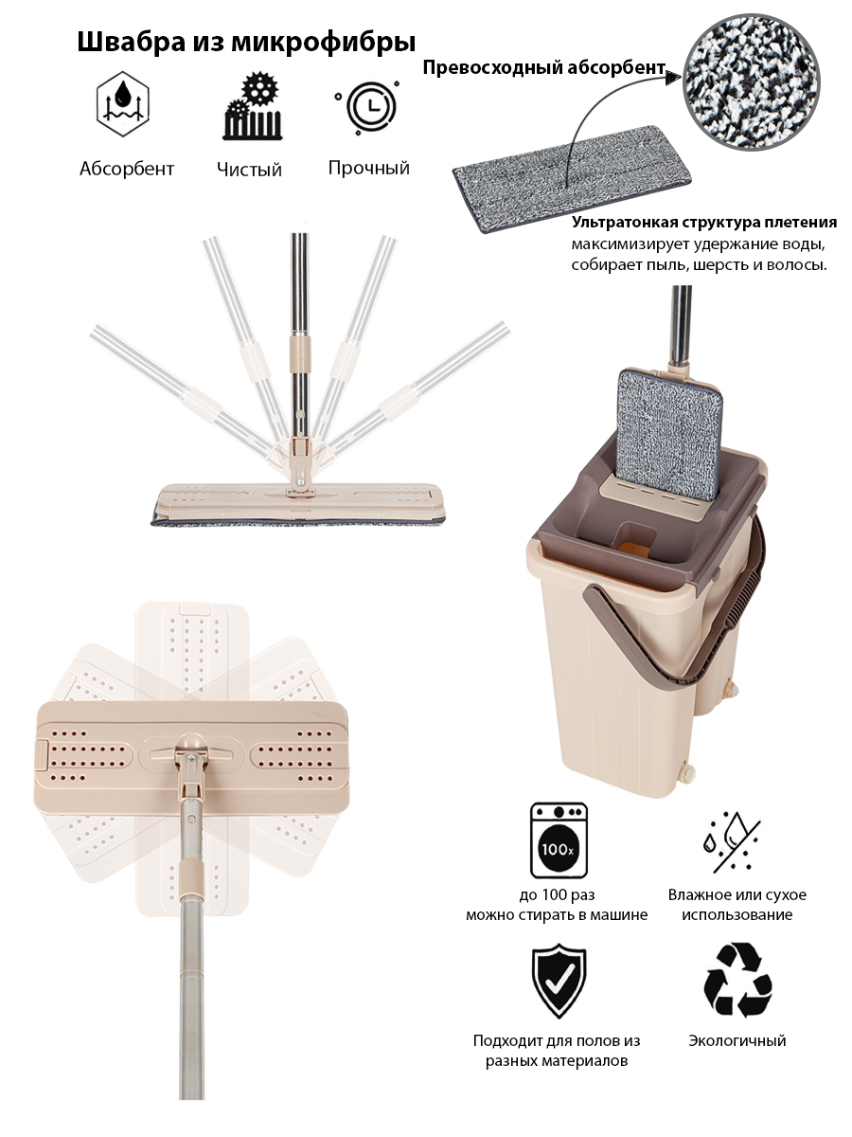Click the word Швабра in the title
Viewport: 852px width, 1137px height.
tap(131, 42)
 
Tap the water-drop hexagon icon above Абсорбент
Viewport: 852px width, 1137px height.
tap(123, 103)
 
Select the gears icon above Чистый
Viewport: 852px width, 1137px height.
tap(253, 106)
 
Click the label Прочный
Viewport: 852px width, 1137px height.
tap(369, 168)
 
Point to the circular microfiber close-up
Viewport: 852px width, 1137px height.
tap(751, 81)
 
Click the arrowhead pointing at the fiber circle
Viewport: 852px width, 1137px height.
tap(672, 78)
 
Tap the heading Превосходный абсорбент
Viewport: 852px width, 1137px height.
tap(543, 67)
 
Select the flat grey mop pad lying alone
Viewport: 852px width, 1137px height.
tap(572, 178)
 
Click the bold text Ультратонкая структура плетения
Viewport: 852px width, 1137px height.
tap(704, 223)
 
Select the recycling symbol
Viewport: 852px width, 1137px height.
tap(737, 980)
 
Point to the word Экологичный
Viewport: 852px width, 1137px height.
tap(737, 1040)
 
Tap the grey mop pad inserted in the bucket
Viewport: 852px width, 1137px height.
tap(669, 434)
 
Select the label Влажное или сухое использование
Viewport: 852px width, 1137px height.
tap(737, 905)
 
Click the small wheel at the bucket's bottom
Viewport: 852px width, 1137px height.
tap(688, 772)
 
